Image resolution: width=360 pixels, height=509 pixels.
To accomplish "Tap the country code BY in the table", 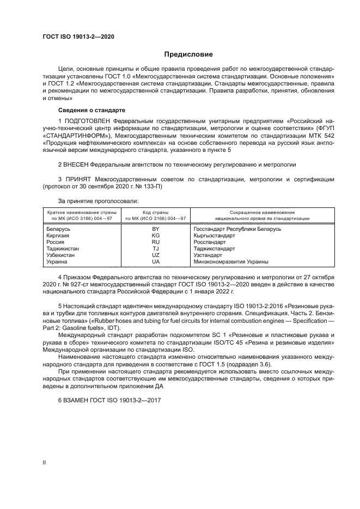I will pyautogui.click(x=155, y=229).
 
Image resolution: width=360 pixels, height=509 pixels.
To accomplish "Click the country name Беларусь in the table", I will pyautogui.click(x=59, y=229).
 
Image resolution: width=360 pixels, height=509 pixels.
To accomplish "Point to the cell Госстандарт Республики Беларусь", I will pyautogui.click(x=237, y=229).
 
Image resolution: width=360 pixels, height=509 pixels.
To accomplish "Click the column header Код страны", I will pyautogui.click(x=155, y=211).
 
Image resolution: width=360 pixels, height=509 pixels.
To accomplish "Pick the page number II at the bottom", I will pyautogui.click(x=45, y=462).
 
